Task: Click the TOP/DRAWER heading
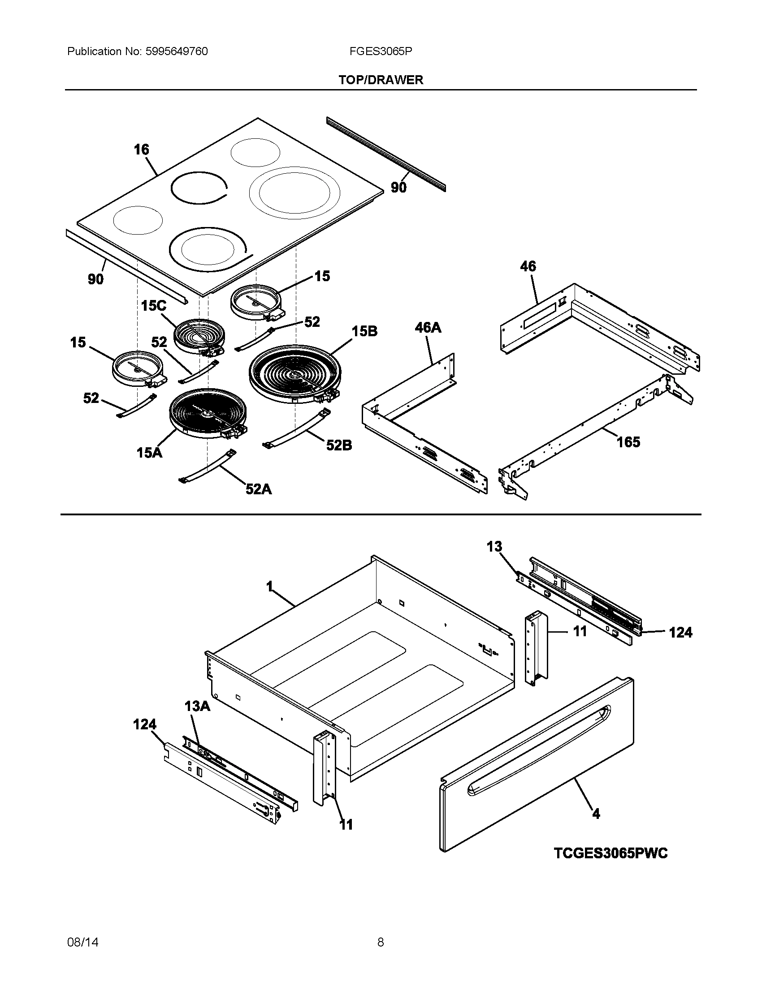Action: tap(381, 80)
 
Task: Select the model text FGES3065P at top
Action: tap(380, 51)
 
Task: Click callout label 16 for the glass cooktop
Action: tap(141, 150)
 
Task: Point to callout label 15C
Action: tap(153, 306)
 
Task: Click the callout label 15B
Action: tap(364, 331)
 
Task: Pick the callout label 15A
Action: tap(149, 452)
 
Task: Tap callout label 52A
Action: tap(259, 489)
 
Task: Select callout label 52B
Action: tap(339, 445)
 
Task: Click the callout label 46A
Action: tap(428, 327)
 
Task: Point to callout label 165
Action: tap(628, 442)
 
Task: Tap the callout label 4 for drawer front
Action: tap(596, 814)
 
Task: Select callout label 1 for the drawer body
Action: tap(269, 587)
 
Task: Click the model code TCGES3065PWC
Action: tap(610, 853)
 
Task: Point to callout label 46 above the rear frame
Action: tap(528, 266)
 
